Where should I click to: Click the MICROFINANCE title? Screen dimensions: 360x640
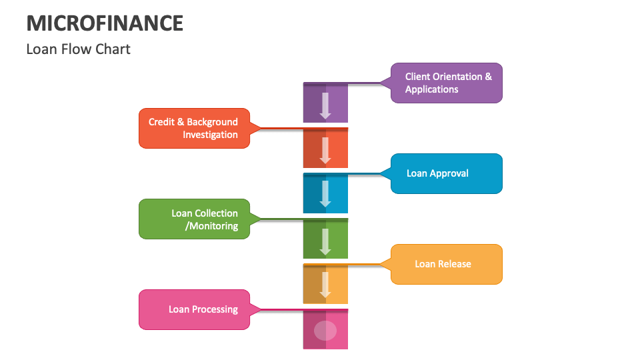click(105, 23)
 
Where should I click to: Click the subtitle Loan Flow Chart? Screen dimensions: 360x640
click(78, 49)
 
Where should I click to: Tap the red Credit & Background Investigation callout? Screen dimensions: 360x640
click(194, 128)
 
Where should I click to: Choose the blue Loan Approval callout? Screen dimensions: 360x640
click(446, 173)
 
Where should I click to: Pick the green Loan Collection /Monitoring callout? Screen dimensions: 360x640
click(194, 219)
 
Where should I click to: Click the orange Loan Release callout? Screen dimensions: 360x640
click(446, 264)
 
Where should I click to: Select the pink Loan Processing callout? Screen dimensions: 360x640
click(194, 309)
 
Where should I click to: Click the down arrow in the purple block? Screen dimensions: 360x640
click(325, 105)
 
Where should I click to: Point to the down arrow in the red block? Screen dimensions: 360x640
click(325, 150)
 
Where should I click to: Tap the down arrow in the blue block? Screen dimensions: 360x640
click(325, 193)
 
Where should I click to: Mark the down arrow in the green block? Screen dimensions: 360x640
click(325, 241)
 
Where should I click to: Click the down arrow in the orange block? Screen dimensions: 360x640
click(325, 284)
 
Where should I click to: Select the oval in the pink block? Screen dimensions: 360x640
click(325, 331)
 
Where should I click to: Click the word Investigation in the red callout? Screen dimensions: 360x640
click(210, 135)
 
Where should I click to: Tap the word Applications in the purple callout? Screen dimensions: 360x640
click(431, 89)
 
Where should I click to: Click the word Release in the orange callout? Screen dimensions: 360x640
click(454, 264)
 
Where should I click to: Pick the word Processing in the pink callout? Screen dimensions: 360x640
click(215, 309)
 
